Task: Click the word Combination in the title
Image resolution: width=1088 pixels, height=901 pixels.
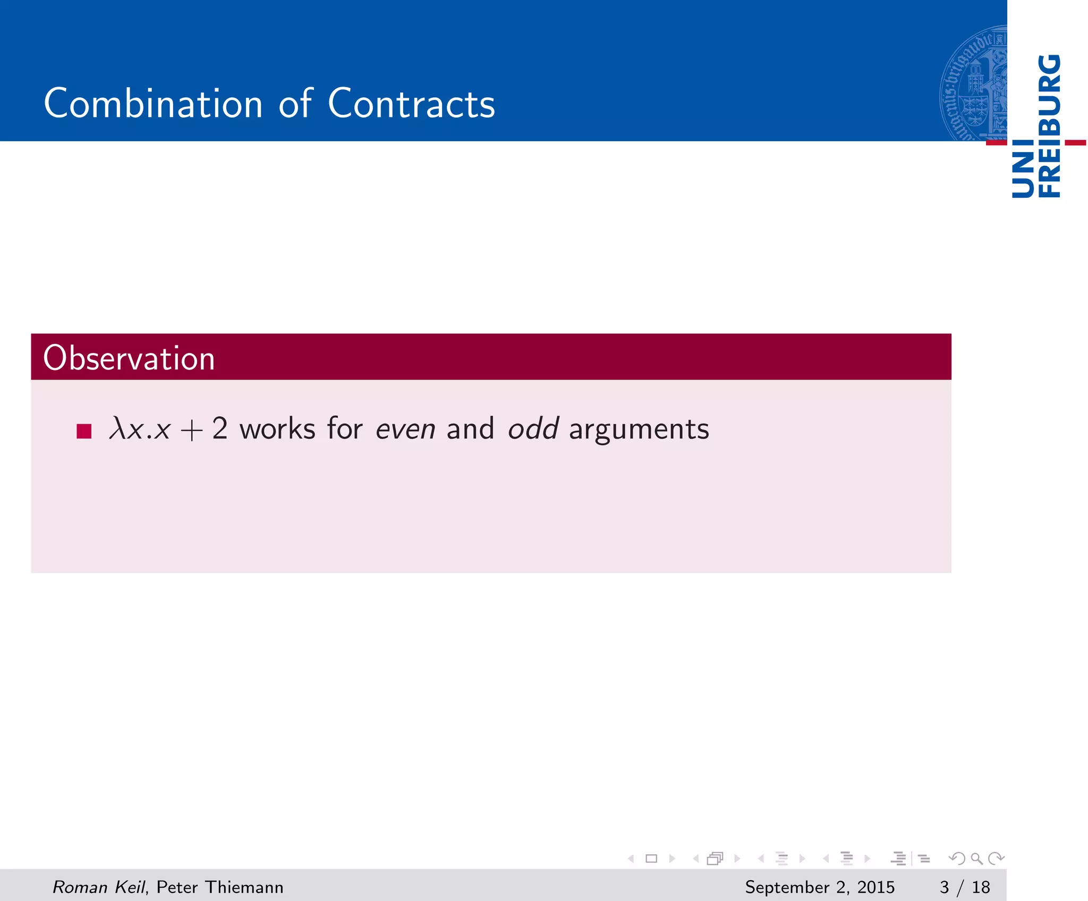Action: pyautogui.click(x=153, y=103)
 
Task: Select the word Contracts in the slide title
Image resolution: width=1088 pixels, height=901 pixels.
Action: pyautogui.click(x=411, y=103)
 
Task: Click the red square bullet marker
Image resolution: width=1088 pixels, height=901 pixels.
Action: pyautogui.click(x=84, y=431)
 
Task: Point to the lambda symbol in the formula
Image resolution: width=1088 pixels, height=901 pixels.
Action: pyautogui.click(x=117, y=428)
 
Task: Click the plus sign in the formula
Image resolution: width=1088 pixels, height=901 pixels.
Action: pyautogui.click(x=191, y=430)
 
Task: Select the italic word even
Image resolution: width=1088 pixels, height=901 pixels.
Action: pyautogui.click(x=405, y=429)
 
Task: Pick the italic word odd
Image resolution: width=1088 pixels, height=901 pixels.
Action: pyautogui.click(x=533, y=428)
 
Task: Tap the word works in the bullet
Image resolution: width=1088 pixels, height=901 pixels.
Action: pyautogui.click(x=277, y=428)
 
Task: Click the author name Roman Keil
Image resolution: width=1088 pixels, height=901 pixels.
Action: pyautogui.click(x=98, y=887)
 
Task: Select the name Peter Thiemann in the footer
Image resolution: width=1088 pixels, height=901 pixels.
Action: pyautogui.click(x=220, y=887)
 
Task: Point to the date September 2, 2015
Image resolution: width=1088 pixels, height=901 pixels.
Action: pyautogui.click(x=819, y=887)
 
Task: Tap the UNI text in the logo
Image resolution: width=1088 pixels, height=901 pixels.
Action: pyautogui.click(x=1023, y=169)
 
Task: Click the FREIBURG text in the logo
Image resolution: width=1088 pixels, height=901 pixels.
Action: pyautogui.click(x=1049, y=126)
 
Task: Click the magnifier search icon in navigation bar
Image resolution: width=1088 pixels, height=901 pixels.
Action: pyautogui.click(x=976, y=858)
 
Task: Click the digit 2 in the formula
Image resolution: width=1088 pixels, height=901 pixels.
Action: pyautogui.click(x=220, y=428)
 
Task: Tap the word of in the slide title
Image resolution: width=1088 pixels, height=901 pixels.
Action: pyautogui.click(x=295, y=103)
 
